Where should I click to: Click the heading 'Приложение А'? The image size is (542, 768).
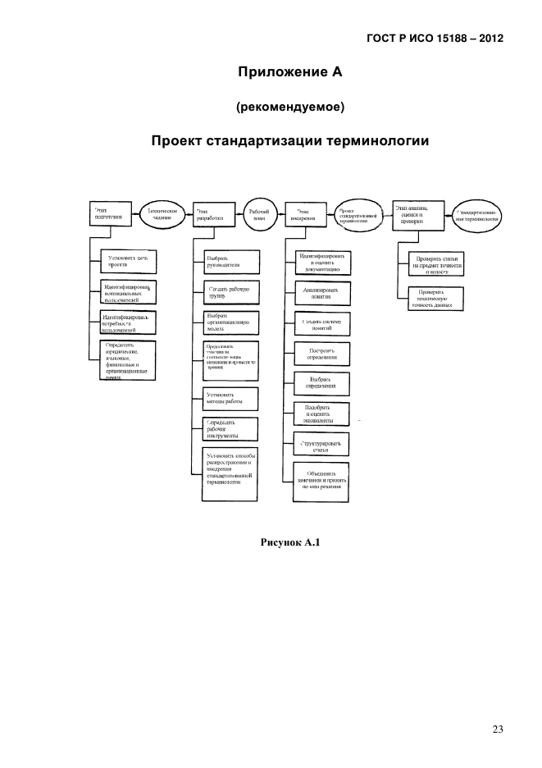coord(289,72)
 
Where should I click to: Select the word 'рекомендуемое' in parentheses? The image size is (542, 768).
coord(289,107)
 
